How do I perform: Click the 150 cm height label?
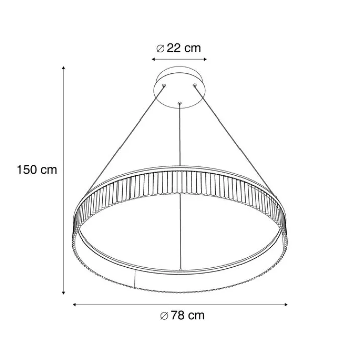tap(37, 170)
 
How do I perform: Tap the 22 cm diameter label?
tap(178, 48)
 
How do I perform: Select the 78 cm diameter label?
tap(182, 315)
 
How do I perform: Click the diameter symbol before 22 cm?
tap(160, 48)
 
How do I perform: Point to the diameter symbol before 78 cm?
tap(164, 316)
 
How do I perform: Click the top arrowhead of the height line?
tap(64, 68)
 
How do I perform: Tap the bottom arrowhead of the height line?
tap(64, 293)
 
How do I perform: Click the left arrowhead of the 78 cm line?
tap(74, 305)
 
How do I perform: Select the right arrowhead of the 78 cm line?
tap(286, 305)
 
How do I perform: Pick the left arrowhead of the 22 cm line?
tap(153, 59)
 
